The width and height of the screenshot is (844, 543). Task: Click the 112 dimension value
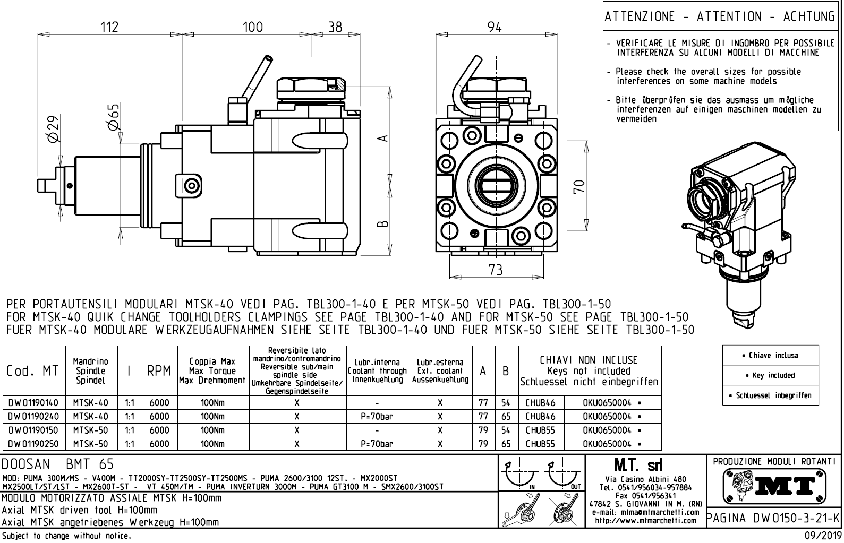(109, 27)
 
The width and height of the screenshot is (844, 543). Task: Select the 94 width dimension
(495, 27)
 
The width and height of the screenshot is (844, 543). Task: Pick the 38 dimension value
(335, 27)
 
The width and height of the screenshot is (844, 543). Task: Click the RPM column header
(159, 371)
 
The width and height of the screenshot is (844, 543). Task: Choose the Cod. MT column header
(33, 371)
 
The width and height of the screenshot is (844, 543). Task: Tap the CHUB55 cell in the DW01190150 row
(540, 430)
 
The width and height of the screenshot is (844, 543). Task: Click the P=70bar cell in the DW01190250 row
(377, 444)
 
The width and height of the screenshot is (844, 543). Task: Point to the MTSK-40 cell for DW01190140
(90, 403)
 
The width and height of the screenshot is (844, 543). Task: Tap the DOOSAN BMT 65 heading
(58, 464)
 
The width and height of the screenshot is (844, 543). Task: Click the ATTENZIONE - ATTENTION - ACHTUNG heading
(720, 17)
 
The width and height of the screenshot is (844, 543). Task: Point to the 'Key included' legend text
(773, 375)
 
